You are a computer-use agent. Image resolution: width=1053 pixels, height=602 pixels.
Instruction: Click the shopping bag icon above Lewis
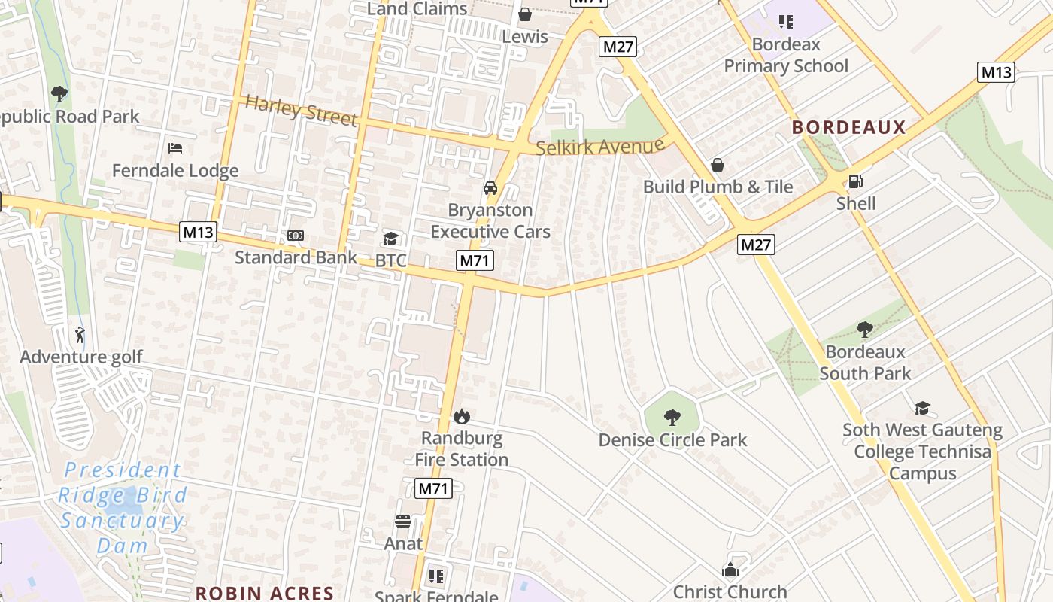[x=525, y=14]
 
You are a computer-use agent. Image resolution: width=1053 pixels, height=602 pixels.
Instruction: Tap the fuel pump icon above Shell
[x=855, y=181]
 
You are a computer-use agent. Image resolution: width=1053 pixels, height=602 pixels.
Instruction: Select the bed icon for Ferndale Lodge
[x=175, y=148]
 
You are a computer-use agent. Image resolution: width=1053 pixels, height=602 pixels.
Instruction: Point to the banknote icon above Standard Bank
[x=296, y=236]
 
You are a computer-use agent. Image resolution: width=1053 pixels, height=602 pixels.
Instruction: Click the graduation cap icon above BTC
[x=390, y=239]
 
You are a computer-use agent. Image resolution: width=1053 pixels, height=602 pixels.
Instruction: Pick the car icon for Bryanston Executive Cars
[x=490, y=188]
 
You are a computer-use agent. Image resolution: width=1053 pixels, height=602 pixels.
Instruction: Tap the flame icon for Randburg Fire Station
[x=461, y=416]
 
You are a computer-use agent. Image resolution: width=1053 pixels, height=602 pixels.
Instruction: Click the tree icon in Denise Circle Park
[x=672, y=418]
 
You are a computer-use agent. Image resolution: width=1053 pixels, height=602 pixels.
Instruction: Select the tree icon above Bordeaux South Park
[x=865, y=330]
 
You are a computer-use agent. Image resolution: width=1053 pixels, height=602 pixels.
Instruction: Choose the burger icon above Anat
[x=403, y=521]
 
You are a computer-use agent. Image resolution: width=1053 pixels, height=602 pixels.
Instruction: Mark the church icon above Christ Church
[x=730, y=570]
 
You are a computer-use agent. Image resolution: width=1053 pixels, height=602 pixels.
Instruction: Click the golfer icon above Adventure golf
[x=80, y=334]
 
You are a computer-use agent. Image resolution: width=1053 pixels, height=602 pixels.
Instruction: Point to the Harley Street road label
[x=301, y=111]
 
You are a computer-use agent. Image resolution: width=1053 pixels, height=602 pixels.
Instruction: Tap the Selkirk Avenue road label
[x=600, y=147]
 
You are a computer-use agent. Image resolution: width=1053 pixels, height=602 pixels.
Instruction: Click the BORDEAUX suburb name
[x=848, y=127]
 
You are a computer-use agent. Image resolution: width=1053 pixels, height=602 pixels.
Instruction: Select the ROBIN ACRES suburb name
[x=265, y=593]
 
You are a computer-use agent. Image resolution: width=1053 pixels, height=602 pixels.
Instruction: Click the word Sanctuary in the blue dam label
[x=122, y=521]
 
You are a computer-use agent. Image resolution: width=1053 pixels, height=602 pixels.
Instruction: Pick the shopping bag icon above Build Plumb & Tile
[x=718, y=165]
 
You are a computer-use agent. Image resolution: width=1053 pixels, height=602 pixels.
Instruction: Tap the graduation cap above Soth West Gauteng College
[x=922, y=409]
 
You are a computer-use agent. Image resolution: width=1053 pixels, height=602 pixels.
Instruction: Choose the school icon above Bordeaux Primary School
[x=786, y=22]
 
